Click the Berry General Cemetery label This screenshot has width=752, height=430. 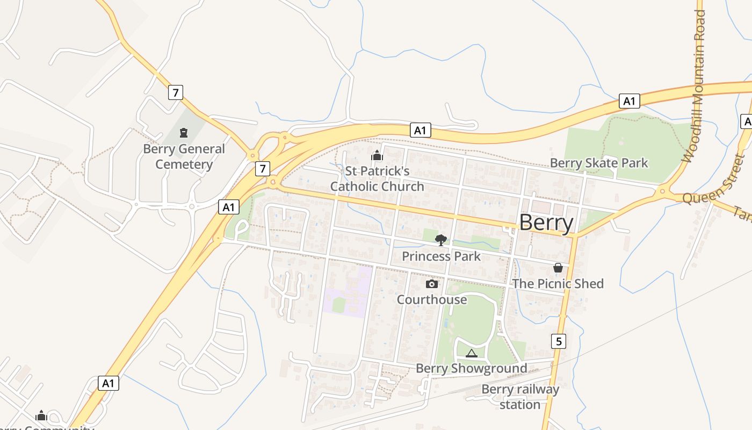[x=184, y=156]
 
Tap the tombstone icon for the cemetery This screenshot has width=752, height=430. [x=184, y=133]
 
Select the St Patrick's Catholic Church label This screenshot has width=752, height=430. [x=377, y=179]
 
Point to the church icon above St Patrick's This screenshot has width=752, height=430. [x=377, y=156]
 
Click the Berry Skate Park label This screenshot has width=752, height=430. [x=599, y=163]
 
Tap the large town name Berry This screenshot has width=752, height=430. [x=546, y=223]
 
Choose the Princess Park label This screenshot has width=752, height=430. [x=441, y=256]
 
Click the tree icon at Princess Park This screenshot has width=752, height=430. [x=441, y=240]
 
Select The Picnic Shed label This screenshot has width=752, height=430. [x=558, y=283]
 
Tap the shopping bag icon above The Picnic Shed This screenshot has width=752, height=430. [x=558, y=267]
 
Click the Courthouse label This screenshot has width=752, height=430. [x=432, y=299]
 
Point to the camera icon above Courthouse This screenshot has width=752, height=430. [x=432, y=284]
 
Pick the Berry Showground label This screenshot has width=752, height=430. [x=472, y=368]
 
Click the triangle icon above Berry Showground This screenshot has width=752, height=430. [x=472, y=353]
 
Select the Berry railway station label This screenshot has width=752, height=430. [x=520, y=397]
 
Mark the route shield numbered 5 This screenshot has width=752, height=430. [x=559, y=341]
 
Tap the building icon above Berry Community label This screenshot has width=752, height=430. [x=41, y=415]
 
